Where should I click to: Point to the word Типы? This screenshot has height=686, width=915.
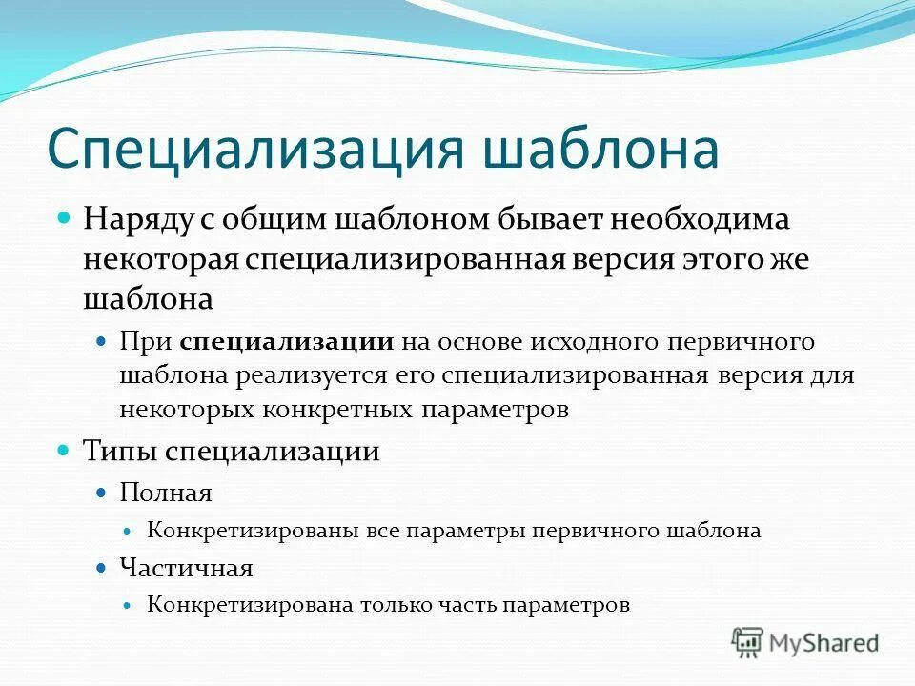pyautogui.click(x=120, y=451)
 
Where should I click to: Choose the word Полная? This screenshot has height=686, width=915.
pyautogui.click(x=166, y=493)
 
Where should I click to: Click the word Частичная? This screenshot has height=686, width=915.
pyautogui.click(x=186, y=569)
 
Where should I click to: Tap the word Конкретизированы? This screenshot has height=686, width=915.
pyautogui.click(x=253, y=531)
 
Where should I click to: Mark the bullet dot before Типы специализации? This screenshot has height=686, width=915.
pyautogui.click(x=65, y=449)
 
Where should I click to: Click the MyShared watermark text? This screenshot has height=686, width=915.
pyautogui.click(x=824, y=643)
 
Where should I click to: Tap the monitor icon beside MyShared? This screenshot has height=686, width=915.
pyautogui.click(x=747, y=643)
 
